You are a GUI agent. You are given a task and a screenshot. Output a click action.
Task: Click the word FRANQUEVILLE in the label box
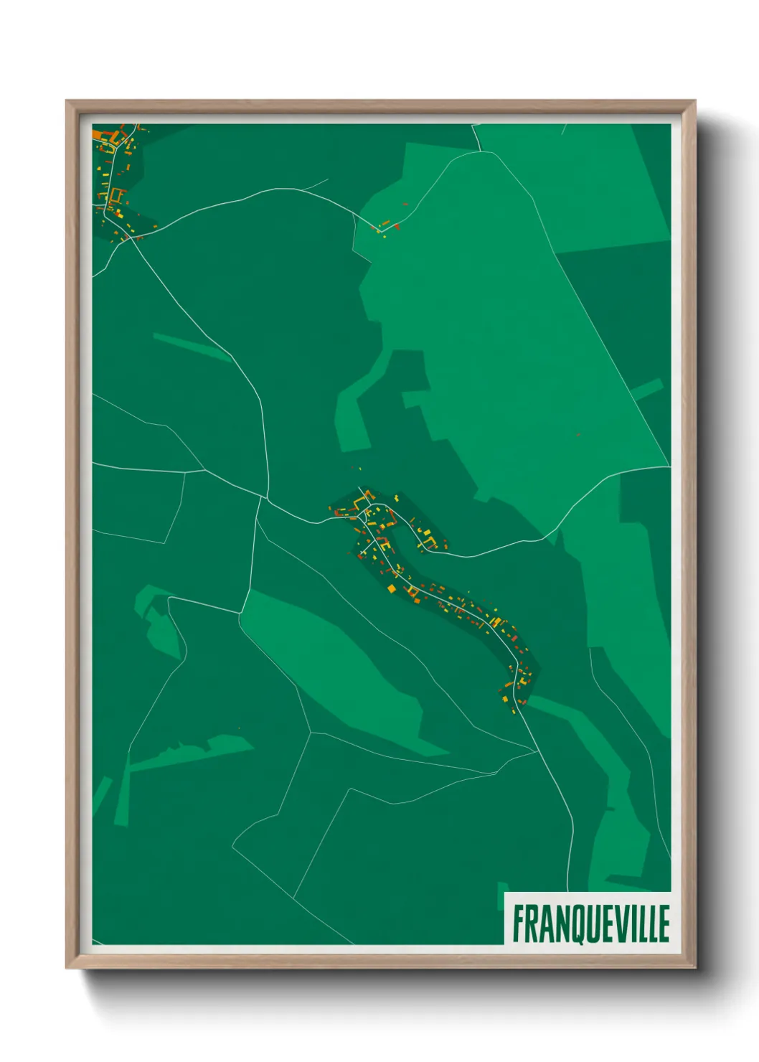tap(590, 924)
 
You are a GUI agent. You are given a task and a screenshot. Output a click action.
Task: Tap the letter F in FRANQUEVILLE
tap(517, 924)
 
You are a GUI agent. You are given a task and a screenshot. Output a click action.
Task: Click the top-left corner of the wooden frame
tap(67, 101)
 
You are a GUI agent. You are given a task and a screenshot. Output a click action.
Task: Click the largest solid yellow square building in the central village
tap(392, 588)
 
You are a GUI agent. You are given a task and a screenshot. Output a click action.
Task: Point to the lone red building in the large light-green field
tap(577, 434)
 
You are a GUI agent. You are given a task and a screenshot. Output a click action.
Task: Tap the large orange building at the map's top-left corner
tap(98, 135)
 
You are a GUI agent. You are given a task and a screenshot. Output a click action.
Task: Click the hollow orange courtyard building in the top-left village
tap(115, 194)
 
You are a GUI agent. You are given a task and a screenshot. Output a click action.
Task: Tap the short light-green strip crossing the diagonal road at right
tap(647, 389)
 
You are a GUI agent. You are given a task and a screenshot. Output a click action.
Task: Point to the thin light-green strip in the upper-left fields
tap(191, 347)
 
